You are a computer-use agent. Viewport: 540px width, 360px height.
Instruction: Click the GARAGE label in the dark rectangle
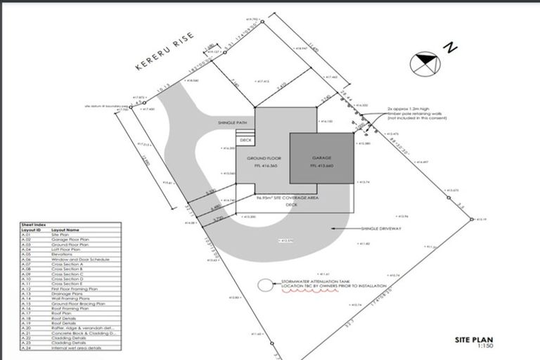click(x=323, y=158)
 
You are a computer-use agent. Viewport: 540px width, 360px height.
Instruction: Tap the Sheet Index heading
click(x=34, y=225)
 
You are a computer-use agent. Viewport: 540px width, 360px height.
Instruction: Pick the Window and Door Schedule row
click(x=77, y=259)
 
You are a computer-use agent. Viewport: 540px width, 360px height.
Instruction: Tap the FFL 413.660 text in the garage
click(x=323, y=166)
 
